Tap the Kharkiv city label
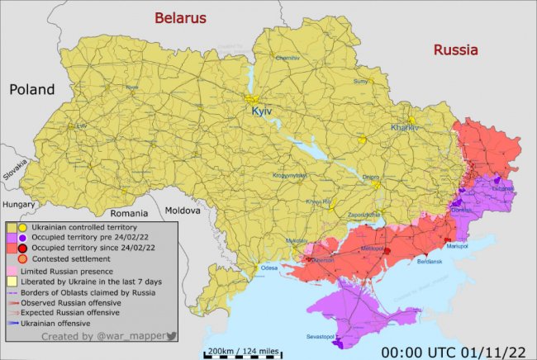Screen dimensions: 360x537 tap(405, 128)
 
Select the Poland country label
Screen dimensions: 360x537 tap(32, 89)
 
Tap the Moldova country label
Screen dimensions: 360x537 tap(183, 211)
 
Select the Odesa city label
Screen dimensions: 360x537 tap(269, 268)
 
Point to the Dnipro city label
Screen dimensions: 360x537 tap(370, 177)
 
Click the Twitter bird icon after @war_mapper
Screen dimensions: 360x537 tap(171, 336)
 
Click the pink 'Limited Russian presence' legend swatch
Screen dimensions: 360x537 tap(13, 270)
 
